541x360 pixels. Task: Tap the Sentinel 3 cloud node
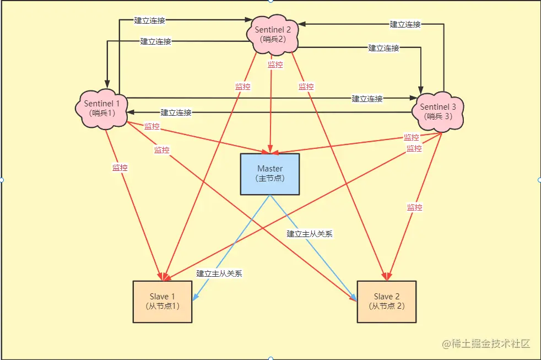(438, 111)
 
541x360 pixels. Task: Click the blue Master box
(270, 174)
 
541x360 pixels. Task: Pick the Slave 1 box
(163, 302)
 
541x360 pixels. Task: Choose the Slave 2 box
(387, 301)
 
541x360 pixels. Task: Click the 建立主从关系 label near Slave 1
(219, 273)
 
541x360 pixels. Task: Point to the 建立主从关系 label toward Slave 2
(310, 233)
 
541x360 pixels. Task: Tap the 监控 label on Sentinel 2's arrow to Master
(275, 65)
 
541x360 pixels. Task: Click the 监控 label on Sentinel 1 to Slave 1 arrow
(120, 168)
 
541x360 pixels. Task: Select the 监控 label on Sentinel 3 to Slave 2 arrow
(414, 207)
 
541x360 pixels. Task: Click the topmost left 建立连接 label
(150, 20)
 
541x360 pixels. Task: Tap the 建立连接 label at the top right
(405, 24)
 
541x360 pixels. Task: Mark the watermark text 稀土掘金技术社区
(487, 343)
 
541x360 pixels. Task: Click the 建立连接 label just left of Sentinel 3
(367, 99)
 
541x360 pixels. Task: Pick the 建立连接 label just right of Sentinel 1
(176, 112)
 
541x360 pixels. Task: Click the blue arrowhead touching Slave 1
(196, 298)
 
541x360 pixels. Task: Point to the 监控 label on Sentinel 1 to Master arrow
(152, 126)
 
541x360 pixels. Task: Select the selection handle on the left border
(2, 180)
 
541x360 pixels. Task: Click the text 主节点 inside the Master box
(270, 179)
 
